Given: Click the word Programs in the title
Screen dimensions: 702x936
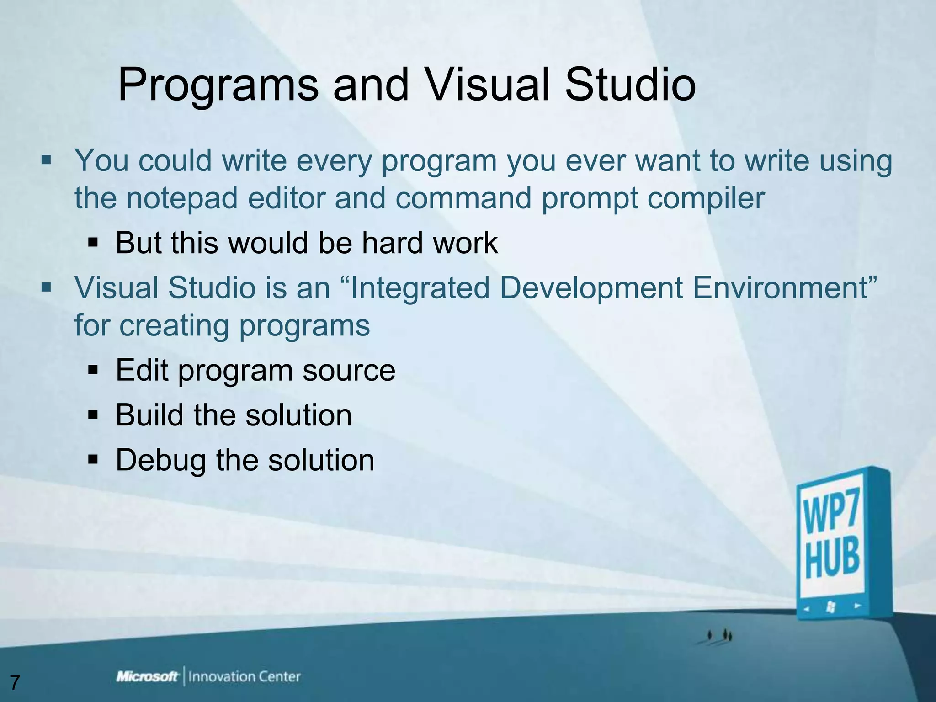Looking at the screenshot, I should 218,85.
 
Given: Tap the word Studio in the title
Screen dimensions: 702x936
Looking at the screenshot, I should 630,85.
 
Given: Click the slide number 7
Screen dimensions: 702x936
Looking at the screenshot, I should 15,683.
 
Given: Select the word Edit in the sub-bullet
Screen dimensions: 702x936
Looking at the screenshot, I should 142,370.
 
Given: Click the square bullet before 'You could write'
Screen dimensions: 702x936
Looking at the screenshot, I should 46,160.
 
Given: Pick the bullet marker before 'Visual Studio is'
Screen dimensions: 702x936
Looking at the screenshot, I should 46,288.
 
